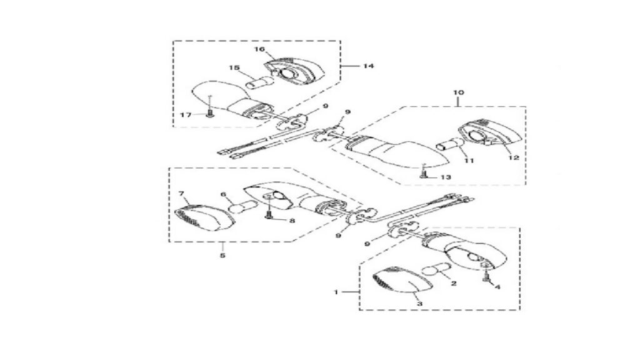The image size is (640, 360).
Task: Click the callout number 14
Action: (x=369, y=66)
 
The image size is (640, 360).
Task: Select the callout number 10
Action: (x=458, y=92)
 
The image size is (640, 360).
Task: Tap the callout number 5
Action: (x=222, y=256)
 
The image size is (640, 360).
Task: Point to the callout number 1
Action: (x=336, y=292)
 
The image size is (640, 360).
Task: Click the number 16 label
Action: (x=260, y=49)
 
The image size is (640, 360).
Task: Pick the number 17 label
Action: (x=186, y=115)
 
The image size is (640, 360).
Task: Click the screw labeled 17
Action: (x=210, y=114)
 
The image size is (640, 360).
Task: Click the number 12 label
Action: (x=514, y=157)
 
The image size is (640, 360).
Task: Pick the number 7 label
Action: (x=182, y=193)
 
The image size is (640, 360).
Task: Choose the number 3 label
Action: (x=419, y=304)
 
